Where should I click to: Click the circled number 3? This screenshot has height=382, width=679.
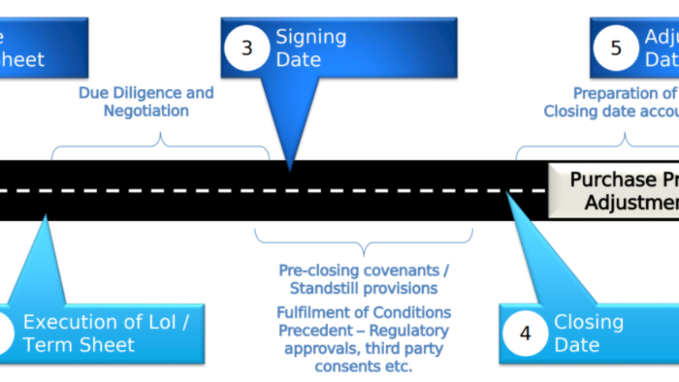click(x=247, y=48)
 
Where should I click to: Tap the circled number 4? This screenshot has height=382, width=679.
click(x=525, y=333)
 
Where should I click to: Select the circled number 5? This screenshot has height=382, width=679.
click(x=616, y=48)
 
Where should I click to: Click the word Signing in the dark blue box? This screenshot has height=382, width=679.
click(x=311, y=37)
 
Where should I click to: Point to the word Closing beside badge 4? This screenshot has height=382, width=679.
click(x=588, y=323)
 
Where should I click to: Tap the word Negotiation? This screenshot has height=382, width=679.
click(x=146, y=110)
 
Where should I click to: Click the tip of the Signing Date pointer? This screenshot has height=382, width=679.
click(x=290, y=170)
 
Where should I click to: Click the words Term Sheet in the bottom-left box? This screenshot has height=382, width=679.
click(x=79, y=345)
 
